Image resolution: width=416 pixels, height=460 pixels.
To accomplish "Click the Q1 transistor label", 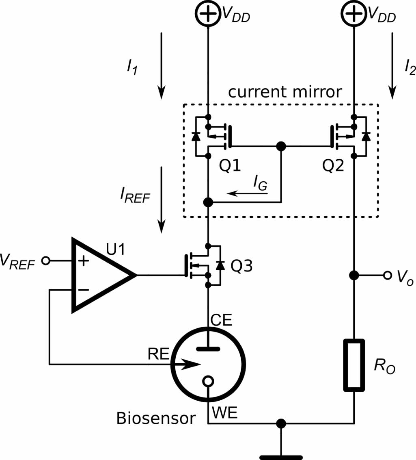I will [230, 166].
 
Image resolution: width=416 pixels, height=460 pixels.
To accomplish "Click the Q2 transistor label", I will [333, 166].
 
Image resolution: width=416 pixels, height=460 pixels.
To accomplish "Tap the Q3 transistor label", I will [241, 267].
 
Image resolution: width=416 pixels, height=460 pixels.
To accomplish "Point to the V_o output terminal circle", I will [388, 276].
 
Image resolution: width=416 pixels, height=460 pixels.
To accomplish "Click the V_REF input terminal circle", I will [46, 260].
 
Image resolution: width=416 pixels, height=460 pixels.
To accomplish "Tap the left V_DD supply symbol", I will [208, 15].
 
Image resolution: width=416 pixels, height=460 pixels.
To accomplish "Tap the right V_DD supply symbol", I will [354, 15].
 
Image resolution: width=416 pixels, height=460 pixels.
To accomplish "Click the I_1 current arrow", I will [162, 65].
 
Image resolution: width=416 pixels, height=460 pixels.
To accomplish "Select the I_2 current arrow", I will [392, 65].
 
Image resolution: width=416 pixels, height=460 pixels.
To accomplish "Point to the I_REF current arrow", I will [162, 199].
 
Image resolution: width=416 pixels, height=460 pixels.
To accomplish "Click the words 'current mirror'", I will [285, 92].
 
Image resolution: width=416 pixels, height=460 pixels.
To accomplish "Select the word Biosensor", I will [156, 418].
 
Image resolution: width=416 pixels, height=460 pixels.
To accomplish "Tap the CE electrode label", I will [221, 321].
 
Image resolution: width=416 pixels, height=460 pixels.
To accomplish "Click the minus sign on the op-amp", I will [83, 290].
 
